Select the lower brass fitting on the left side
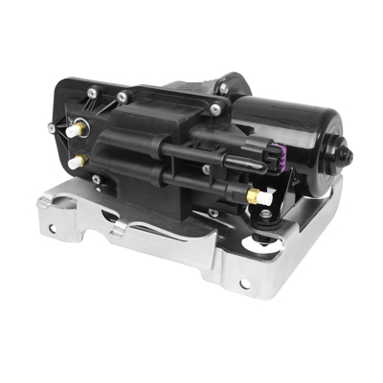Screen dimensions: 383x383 click(x=78, y=161)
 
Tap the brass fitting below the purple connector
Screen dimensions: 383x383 click(x=255, y=195)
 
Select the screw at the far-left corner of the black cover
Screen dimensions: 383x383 click(x=51, y=127)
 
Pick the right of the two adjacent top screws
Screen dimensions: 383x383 click(x=123, y=96)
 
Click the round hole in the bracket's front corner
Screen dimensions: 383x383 click(x=244, y=282)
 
